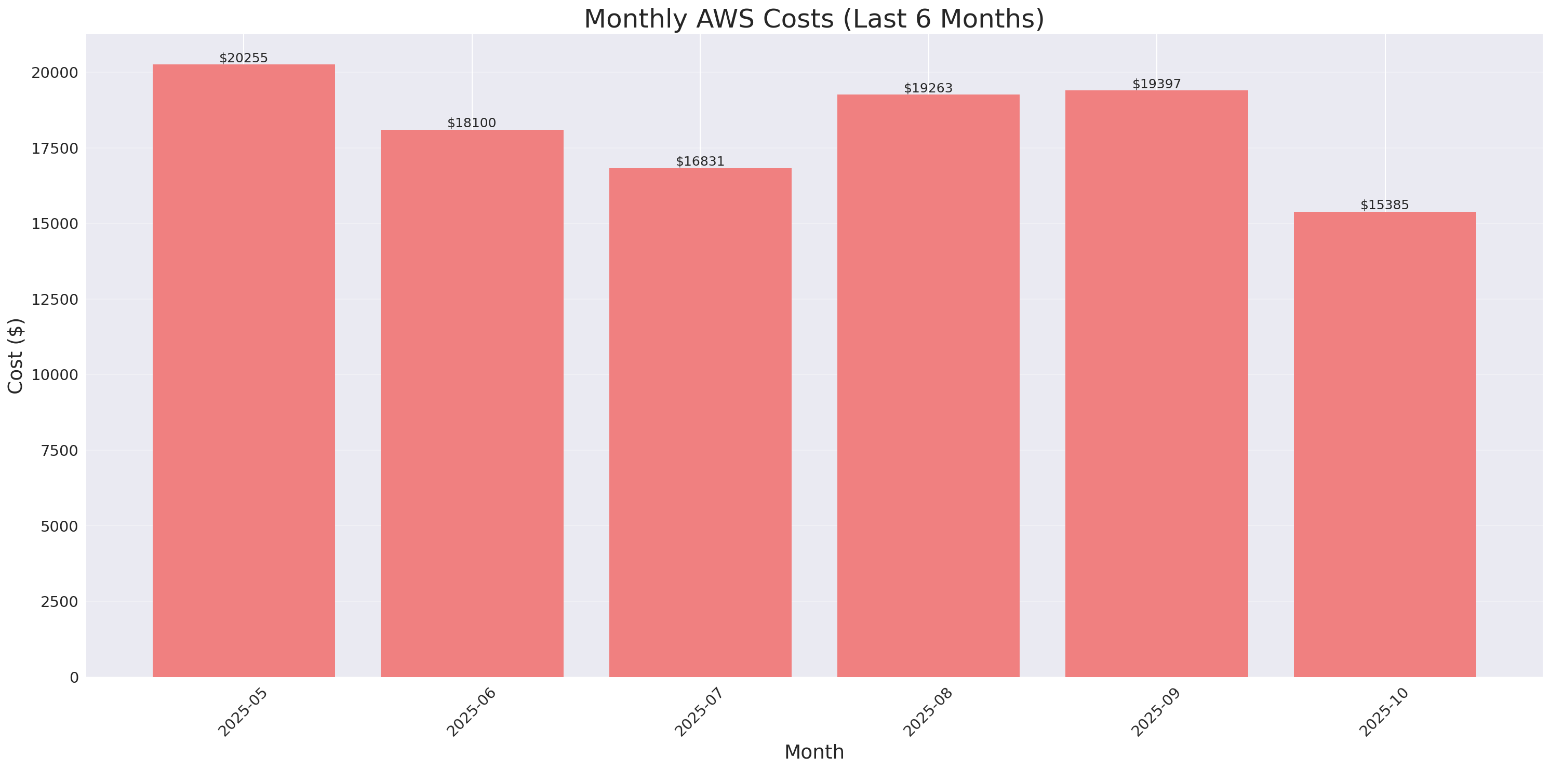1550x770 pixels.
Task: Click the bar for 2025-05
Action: click(244, 370)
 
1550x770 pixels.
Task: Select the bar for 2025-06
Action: click(472, 403)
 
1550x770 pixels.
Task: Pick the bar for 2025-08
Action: click(928, 386)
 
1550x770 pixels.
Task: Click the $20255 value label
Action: click(244, 58)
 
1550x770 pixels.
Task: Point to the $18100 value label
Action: click(472, 123)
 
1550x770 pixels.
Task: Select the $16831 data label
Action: click(700, 161)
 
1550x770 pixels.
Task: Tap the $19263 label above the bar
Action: click(928, 88)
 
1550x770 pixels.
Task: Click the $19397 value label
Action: click(1156, 84)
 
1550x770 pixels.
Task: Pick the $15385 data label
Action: click(1384, 205)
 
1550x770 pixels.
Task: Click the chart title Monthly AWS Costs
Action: click(813, 19)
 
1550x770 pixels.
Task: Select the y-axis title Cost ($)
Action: click(16, 356)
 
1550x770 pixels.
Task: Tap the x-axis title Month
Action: click(813, 752)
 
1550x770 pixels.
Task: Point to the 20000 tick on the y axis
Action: click(55, 73)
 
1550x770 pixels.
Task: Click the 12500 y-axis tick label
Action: click(55, 300)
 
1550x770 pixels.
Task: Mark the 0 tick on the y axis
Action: click(74, 678)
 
